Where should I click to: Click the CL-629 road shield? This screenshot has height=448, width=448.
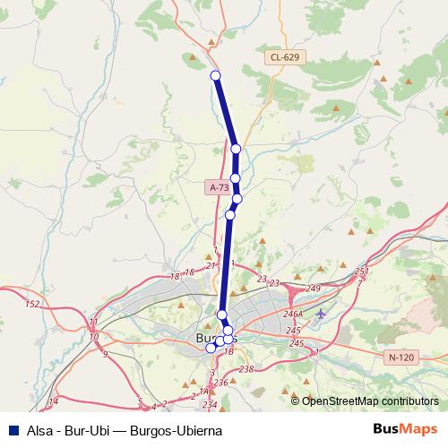(x=284, y=57)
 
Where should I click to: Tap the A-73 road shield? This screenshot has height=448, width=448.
(x=220, y=187)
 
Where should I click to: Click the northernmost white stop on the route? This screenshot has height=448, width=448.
(x=215, y=75)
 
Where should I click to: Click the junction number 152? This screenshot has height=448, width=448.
(x=32, y=305)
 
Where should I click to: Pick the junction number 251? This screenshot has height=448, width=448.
(x=361, y=271)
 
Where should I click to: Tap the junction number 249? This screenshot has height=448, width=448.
(x=314, y=289)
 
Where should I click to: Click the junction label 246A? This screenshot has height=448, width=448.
(x=293, y=314)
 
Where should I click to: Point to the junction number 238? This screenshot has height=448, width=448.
(x=246, y=369)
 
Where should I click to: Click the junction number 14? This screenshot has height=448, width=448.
(x=54, y=401)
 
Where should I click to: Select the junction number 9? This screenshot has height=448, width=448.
(x=104, y=355)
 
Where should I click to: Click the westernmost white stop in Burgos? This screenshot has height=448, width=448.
(x=211, y=348)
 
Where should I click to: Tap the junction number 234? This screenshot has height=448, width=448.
(x=209, y=406)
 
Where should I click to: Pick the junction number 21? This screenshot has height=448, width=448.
(x=211, y=266)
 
